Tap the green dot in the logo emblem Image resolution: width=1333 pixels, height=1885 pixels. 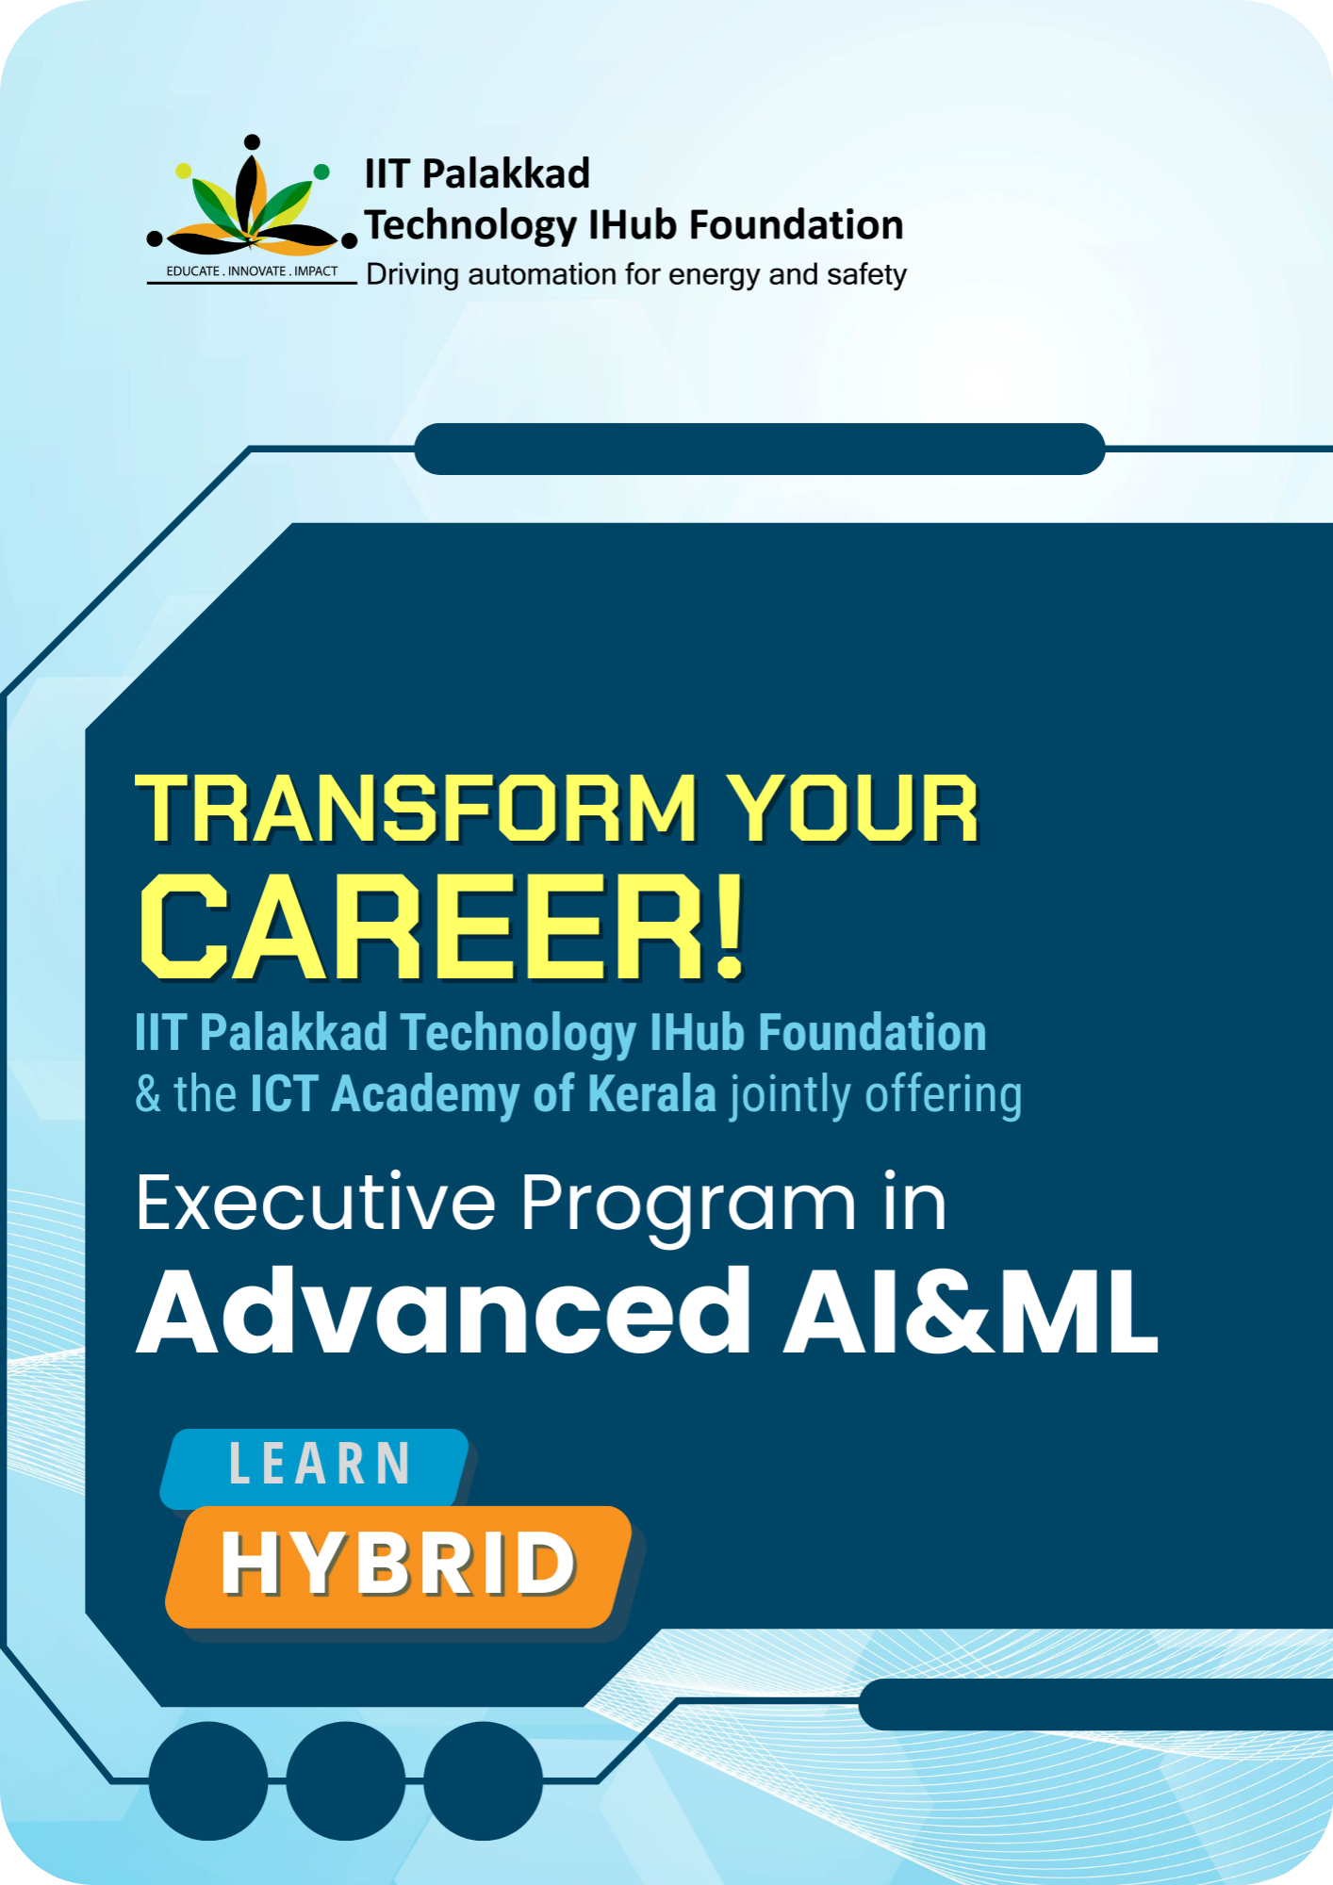(321, 172)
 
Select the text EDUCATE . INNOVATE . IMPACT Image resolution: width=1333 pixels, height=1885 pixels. (252, 271)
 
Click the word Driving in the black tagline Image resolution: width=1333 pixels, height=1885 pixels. (412, 275)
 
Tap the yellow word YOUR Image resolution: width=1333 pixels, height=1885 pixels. (854, 809)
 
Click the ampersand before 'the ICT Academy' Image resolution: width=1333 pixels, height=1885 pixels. (148, 1094)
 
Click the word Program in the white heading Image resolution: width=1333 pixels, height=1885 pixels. (688, 1207)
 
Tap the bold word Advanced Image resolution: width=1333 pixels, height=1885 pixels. (444, 1311)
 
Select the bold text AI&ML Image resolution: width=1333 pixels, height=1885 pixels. (971, 1311)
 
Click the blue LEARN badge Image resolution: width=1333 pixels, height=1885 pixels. (316, 1467)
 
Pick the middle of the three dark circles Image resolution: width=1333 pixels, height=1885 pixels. (346, 1780)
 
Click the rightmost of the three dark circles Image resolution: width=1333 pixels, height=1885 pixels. (483, 1780)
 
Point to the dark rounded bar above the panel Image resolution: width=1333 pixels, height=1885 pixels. (759, 449)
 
